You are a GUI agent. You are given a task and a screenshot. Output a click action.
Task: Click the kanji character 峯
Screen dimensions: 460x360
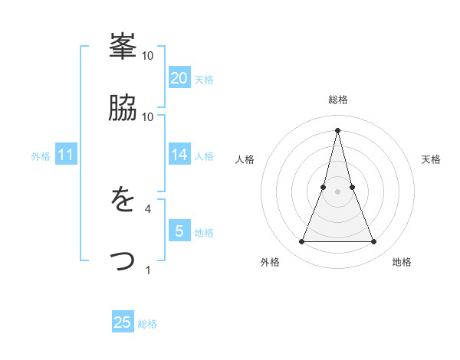click(123, 47)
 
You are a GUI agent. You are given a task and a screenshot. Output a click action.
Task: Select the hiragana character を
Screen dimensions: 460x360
click(123, 201)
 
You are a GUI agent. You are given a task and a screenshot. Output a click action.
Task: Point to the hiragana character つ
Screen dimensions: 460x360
click(123, 262)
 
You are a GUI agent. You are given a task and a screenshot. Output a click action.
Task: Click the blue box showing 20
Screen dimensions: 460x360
click(179, 77)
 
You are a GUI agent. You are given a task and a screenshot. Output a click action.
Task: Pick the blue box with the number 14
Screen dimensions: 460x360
click(179, 155)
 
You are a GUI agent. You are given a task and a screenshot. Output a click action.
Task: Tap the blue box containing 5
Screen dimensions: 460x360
click(179, 231)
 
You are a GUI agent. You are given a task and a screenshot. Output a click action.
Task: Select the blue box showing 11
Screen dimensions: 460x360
click(66, 155)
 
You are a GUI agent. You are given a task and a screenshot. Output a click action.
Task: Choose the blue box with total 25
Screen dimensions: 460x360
click(123, 322)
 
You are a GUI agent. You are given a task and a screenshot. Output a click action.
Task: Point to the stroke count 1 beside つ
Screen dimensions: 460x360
click(148, 270)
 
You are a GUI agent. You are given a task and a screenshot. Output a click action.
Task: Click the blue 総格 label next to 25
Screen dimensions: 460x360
click(147, 324)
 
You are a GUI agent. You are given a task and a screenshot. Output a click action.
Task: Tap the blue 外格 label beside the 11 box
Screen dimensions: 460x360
click(41, 156)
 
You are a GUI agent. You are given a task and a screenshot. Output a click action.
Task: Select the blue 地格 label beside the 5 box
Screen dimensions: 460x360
click(204, 233)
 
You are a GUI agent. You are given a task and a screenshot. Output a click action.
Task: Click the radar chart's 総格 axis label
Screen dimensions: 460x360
click(337, 100)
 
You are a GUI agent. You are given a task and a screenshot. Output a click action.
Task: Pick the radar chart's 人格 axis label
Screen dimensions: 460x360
click(245, 159)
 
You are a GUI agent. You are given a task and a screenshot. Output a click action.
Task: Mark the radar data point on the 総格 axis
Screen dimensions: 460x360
click(337, 130)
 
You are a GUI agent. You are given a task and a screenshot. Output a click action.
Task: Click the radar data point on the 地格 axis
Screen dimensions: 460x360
click(373, 242)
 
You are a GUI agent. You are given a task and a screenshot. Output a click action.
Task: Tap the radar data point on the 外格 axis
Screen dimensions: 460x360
click(301, 242)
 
